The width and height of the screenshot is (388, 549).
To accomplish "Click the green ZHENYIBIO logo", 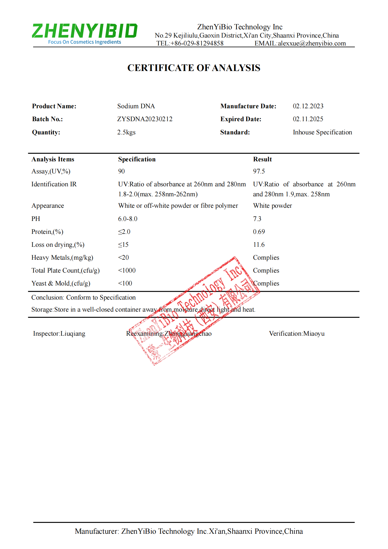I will (84, 31).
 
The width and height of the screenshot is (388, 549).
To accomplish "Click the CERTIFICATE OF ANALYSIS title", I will (194, 68).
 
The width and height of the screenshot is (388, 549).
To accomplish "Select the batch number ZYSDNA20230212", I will (145, 119).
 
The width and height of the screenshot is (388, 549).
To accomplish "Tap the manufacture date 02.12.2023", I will (308, 106).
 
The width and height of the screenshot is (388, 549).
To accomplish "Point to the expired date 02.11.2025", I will (308, 119).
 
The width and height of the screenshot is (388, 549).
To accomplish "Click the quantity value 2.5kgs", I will (126, 132).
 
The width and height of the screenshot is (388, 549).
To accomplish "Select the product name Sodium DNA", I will (136, 106).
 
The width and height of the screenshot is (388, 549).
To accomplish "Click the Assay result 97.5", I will (259, 171).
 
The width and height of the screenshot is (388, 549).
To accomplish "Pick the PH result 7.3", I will (257, 219).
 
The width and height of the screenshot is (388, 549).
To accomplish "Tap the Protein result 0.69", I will (259, 232).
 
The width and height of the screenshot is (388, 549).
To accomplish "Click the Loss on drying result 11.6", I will (259, 245).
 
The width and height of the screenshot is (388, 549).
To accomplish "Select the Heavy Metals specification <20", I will (123, 258).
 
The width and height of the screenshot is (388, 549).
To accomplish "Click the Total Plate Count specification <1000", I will (127, 271).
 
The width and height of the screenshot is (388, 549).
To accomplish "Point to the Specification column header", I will (137, 159).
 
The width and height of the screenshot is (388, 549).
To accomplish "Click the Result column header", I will (262, 159).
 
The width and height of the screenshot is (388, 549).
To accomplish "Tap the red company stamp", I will (194, 311).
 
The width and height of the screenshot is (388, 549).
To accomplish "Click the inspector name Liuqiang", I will (73, 334).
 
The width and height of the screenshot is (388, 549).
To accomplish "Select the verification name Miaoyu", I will (314, 334).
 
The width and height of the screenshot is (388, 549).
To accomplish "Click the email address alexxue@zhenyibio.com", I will (312, 43).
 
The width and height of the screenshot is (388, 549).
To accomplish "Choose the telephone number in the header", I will (197, 43).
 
